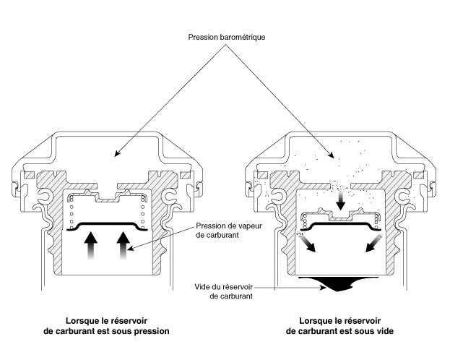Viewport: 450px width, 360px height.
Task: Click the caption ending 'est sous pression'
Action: click(107, 327)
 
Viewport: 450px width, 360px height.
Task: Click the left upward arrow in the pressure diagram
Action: click(92, 246)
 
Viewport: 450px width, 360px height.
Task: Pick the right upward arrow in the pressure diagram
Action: click(123, 246)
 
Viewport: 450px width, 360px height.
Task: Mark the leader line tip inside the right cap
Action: click(332, 155)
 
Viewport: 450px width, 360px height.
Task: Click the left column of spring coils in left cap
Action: click(72, 215)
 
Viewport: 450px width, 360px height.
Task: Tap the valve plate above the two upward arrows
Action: click(108, 226)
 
